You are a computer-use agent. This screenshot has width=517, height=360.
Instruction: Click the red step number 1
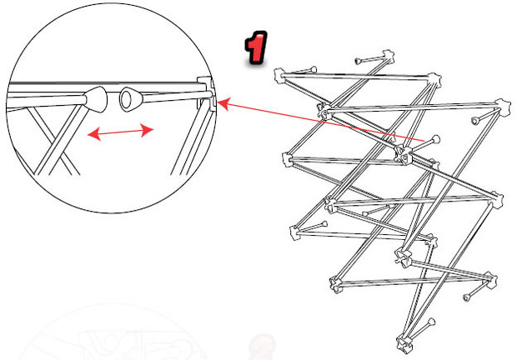point(255,47)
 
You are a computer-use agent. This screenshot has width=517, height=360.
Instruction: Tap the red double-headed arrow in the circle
point(120,132)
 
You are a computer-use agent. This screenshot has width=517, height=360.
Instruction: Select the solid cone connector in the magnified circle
point(96,99)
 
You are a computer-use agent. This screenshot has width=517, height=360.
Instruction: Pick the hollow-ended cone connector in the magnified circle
point(131,99)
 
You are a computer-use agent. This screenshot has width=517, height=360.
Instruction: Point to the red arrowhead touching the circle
point(224,104)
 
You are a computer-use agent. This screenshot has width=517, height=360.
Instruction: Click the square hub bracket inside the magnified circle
point(206,92)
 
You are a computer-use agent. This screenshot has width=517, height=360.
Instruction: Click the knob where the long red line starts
point(435,139)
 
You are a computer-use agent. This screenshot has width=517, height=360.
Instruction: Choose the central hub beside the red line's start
point(404,154)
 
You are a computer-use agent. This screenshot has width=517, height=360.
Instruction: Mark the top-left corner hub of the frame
point(279,75)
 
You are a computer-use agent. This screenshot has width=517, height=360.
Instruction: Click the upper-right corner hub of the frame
point(504,107)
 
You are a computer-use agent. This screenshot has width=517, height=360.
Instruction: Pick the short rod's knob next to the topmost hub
point(358,61)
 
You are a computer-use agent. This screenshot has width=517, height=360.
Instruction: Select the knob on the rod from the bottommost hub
point(431,322)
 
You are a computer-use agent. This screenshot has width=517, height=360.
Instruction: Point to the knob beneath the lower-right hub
point(467,297)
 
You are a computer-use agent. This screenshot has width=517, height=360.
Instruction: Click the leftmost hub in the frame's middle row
point(288,160)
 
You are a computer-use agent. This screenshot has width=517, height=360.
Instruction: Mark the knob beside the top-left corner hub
point(313,69)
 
